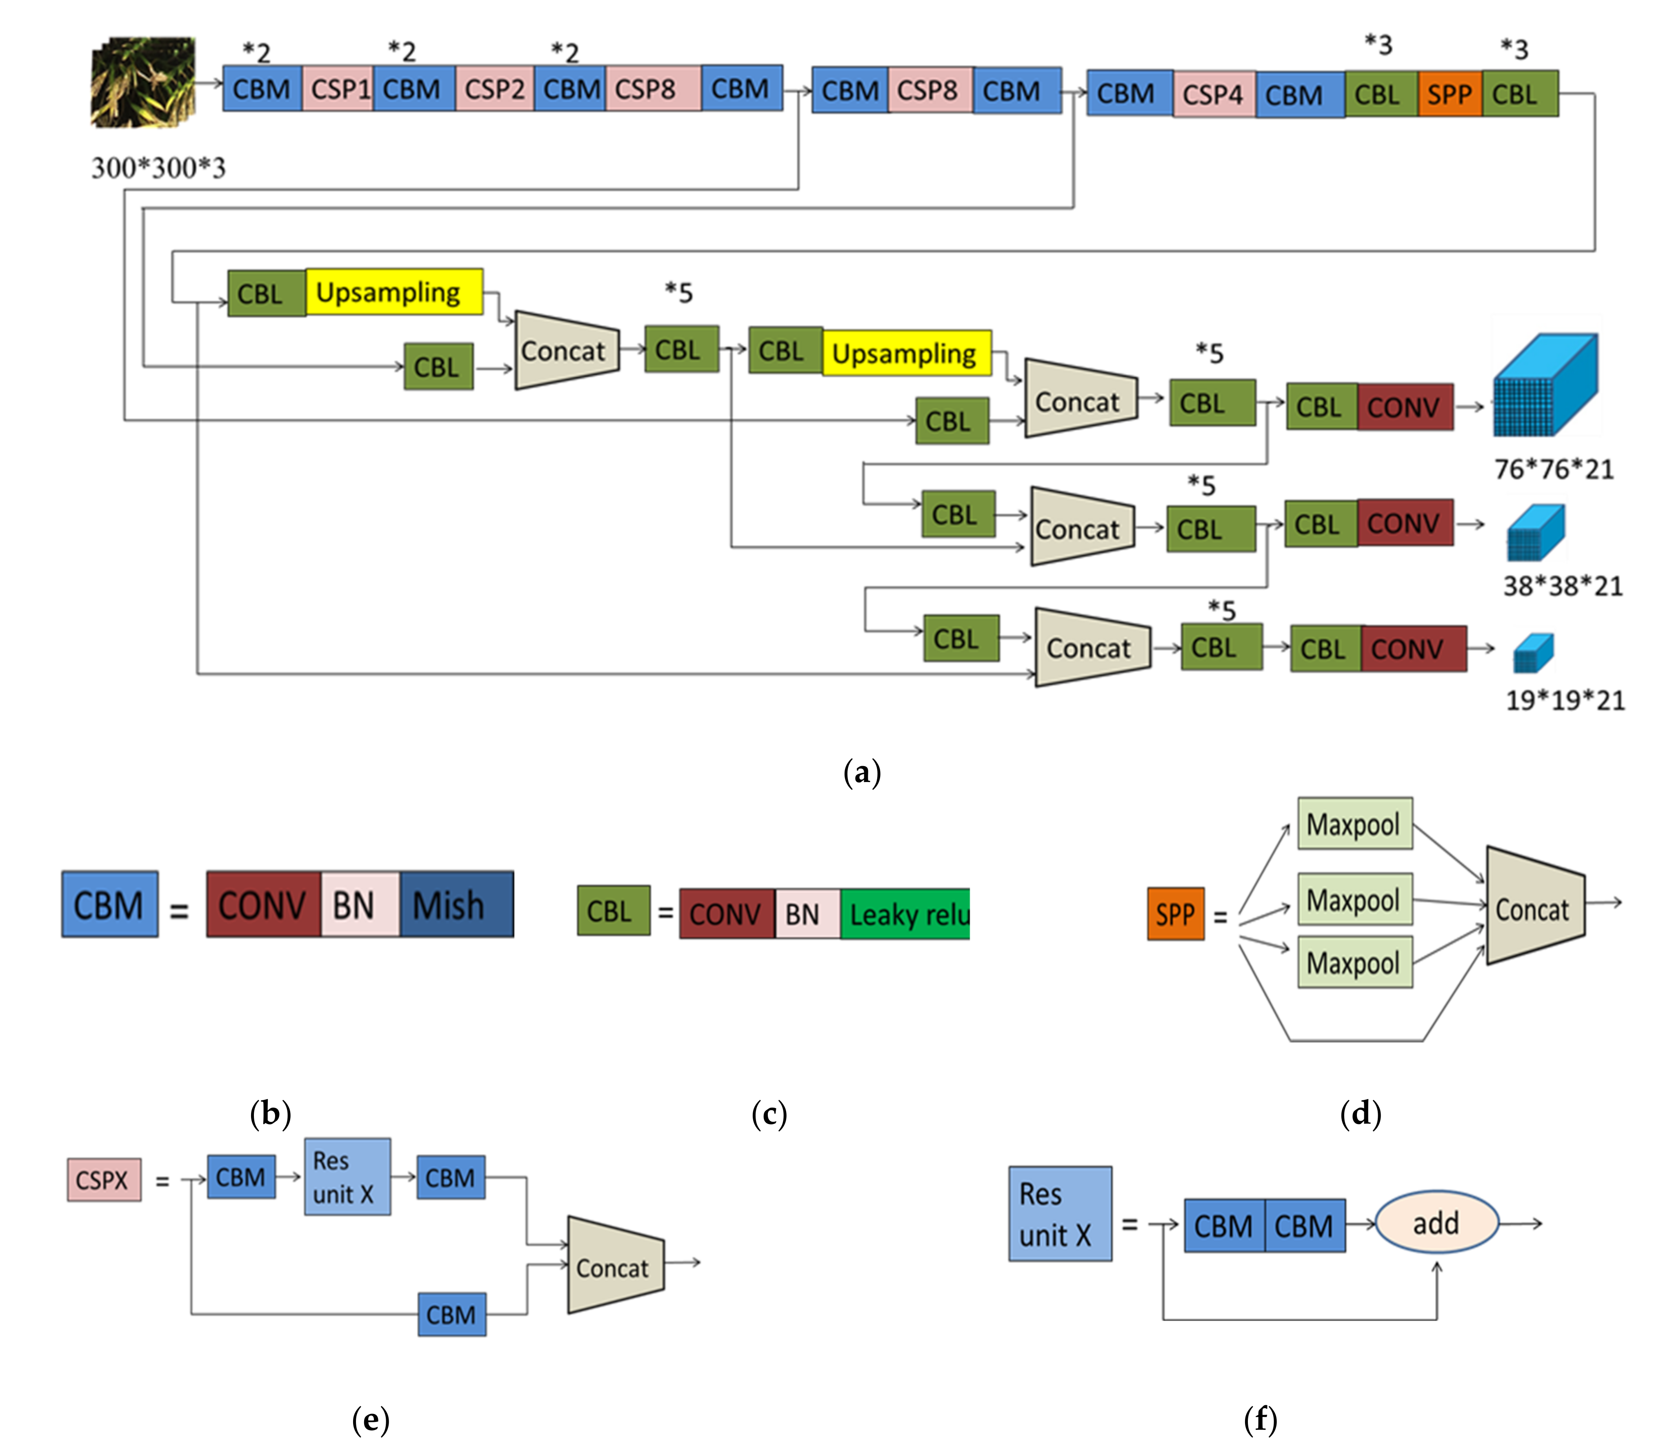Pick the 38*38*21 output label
[x=1563, y=585]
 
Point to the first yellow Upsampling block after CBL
[x=393, y=292]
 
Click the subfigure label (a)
[x=861, y=772]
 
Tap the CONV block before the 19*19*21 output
[x=1412, y=649]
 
